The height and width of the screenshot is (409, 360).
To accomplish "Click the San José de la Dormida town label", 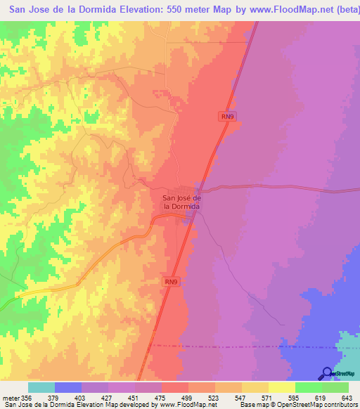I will pyautogui.click(x=182, y=202).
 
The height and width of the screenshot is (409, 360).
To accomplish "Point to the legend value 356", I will pyautogui.click(x=27, y=398).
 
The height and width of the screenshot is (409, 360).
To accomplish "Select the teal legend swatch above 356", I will pyautogui.click(x=41, y=387).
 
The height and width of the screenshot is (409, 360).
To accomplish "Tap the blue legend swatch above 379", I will pyautogui.click(x=68, y=387).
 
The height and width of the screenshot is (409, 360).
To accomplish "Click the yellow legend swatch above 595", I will pyautogui.click(x=282, y=387).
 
